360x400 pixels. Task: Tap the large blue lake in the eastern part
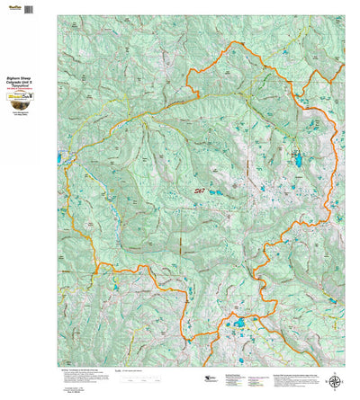coord(297,161)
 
